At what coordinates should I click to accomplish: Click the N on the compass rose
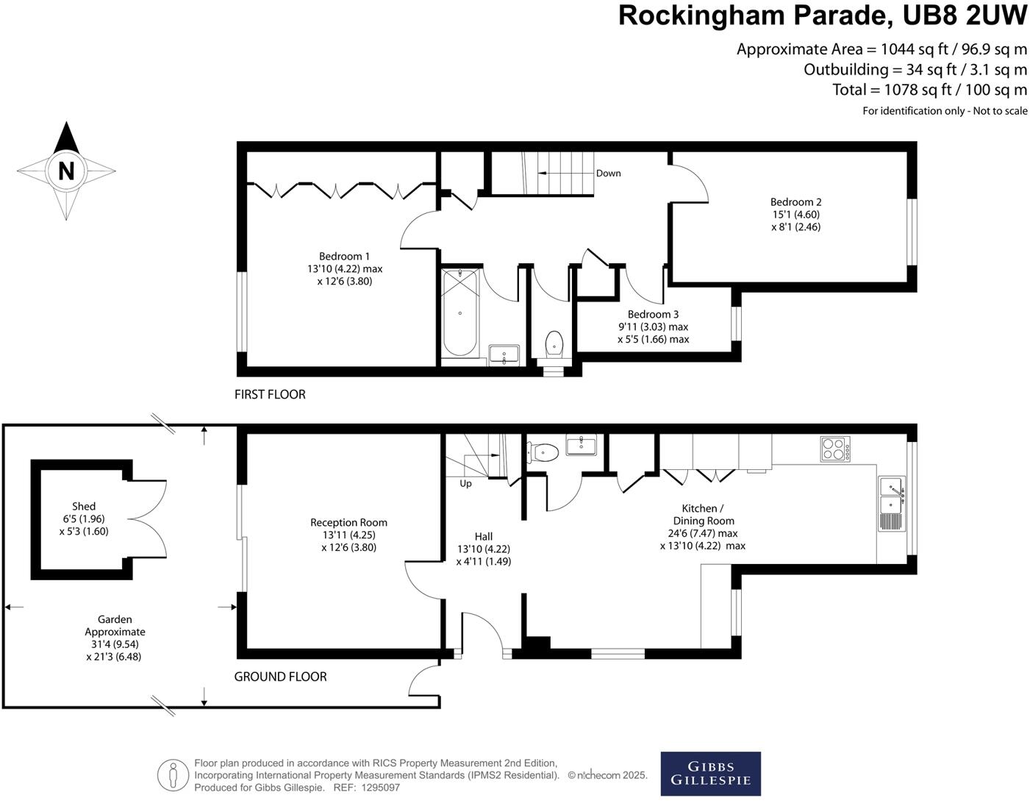click(66, 171)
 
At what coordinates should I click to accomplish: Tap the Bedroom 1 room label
click(344, 257)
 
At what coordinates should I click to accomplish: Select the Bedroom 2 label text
click(795, 202)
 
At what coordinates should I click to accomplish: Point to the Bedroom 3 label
click(653, 315)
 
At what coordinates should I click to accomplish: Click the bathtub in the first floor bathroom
click(460, 313)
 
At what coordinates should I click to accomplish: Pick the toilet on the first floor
click(554, 344)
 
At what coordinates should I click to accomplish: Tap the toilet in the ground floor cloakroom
click(542, 452)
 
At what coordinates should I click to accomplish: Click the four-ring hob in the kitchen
click(835, 449)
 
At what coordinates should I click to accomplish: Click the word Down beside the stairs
click(608, 174)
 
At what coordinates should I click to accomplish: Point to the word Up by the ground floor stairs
click(465, 484)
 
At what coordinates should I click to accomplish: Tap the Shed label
click(84, 507)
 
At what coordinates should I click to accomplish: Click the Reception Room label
click(348, 523)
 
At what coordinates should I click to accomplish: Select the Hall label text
click(483, 537)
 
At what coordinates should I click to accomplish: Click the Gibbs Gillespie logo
click(710, 774)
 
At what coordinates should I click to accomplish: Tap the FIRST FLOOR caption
click(270, 395)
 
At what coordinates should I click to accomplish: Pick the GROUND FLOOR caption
click(280, 677)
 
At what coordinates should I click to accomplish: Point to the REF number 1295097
click(378, 788)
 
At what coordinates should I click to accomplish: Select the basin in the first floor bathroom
click(504, 356)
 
